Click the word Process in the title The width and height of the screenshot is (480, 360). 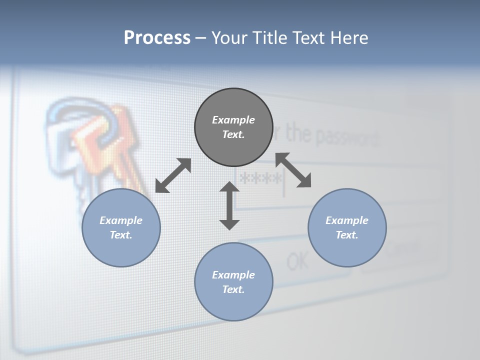pyautogui.click(x=157, y=38)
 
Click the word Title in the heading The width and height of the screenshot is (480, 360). pyautogui.click(x=270, y=38)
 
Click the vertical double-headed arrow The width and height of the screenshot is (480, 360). pyautogui.click(x=229, y=206)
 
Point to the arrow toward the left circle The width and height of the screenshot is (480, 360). pyautogui.click(x=173, y=175)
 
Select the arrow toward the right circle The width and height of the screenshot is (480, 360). pyautogui.click(x=293, y=170)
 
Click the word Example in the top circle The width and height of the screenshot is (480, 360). pyautogui.click(x=233, y=120)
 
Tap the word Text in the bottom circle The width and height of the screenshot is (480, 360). pyautogui.click(x=232, y=289)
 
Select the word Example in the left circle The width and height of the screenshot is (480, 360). pyautogui.click(x=121, y=220)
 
